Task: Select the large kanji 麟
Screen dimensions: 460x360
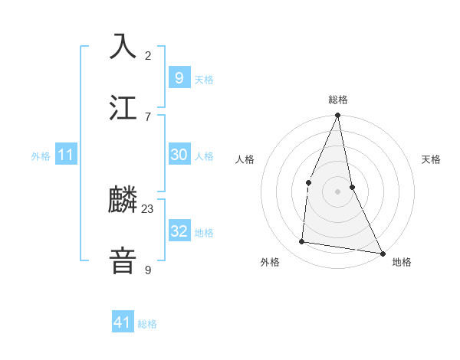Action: pyautogui.click(x=123, y=201)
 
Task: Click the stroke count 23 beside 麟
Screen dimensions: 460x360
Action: pyautogui.click(x=148, y=208)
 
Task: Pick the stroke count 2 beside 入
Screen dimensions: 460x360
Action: pyautogui.click(x=148, y=55)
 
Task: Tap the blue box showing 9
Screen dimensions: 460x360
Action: pyautogui.click(x=179, y=77)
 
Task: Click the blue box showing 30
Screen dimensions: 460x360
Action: pyautogui.click(x=179, y=155)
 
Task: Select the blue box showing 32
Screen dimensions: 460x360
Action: pyautogui.click(x=179, y=231)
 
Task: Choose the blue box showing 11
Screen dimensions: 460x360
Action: pyautogui.click(x=65, y=155)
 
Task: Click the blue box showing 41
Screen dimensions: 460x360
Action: pyautogui.click(x=123, y=322)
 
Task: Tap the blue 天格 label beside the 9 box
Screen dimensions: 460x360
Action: pyautogui.click(x=203, y=80)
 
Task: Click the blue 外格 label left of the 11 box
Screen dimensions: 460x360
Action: pyautogui.click(x=41, y=156)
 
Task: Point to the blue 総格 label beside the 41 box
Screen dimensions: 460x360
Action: pyautogui.click(x=147, y=324)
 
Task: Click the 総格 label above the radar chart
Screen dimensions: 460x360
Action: pyautogui.click(x=337, y=100)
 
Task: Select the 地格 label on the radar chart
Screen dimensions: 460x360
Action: pyautogui.click(x=402, y=262)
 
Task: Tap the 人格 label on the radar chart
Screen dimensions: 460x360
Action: pyautogui.click(x=245, y=159)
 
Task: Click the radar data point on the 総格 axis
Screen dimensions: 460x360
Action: pyautogui.click(x=337, y=116)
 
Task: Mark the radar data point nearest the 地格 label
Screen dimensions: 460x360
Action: pyautogui.click(x=382, y=253)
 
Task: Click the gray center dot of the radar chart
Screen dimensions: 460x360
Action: pyautogui.click(x=337, y=191)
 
